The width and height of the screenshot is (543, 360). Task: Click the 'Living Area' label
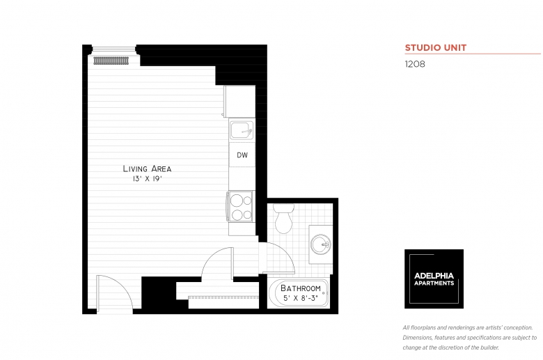click(x=147, y=169)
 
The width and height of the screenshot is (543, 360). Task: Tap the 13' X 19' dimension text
click(x=147, y=179)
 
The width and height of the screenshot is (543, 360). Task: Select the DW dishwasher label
click(x=242, y=155)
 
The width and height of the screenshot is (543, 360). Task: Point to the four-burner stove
click(x=241, y=207)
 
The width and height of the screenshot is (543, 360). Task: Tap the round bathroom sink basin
click(x=320, y=244)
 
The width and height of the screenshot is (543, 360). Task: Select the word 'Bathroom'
click(x=301, y=288)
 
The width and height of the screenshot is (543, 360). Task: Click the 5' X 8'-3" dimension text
click(x=301, y=298)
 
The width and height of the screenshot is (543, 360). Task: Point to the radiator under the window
click(x=112, y=61)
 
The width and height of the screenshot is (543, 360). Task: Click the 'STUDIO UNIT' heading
click(x=436, y=48)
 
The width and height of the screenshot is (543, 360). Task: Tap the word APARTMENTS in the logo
click(x=434, y=283)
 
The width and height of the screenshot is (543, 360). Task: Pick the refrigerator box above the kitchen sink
click(x=240, y=102)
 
